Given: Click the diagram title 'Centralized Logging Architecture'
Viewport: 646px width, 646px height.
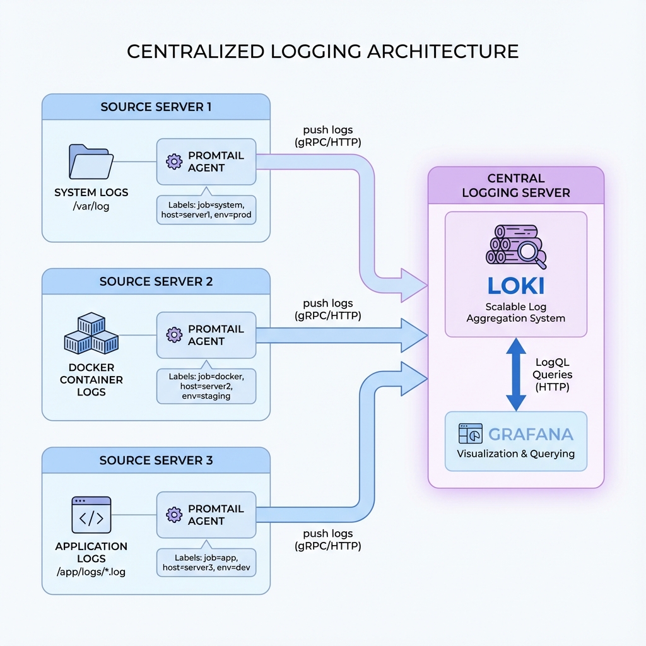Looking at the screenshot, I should (322, 51).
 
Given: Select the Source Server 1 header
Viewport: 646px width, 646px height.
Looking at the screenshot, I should (156, 107).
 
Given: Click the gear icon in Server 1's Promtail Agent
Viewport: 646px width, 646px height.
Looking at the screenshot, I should (173, 161).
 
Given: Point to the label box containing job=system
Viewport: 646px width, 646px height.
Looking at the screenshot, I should (206, 210).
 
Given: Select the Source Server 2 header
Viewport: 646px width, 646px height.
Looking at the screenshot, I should (156, 281).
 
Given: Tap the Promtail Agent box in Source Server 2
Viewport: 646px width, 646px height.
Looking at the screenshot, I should (206, 335).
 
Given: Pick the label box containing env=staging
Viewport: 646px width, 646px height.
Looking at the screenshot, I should (206, 386).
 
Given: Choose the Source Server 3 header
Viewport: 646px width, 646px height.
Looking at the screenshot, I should (156, 461).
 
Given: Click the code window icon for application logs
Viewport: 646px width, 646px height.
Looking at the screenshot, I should (91, 515).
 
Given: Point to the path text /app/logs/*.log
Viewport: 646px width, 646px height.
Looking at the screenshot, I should (91, 572).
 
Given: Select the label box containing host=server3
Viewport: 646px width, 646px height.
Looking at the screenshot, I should (206, 563).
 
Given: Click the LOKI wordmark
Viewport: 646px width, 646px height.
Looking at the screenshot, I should (515, 285).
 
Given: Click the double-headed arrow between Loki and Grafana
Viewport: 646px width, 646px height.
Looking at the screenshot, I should (516, 373).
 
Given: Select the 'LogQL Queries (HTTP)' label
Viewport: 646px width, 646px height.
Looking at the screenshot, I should (552, 375).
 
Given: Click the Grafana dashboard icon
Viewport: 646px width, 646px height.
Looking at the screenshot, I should (471, 434).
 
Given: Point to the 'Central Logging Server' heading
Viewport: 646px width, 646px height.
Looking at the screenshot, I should (515, 185).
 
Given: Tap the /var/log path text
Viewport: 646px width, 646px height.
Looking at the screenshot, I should (91, 206).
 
